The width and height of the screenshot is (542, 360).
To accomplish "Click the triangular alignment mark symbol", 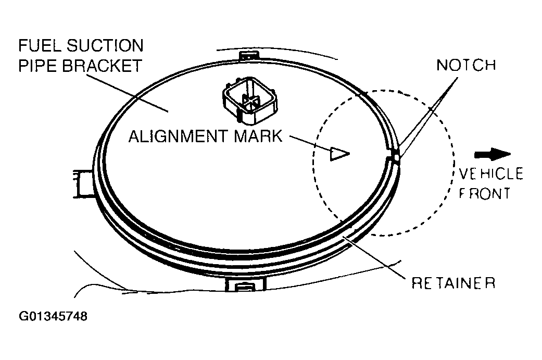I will click(338, 153).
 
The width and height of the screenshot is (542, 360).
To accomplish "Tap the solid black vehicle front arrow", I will click(493, 154).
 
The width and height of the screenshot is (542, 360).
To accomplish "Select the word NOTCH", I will click(466, 65).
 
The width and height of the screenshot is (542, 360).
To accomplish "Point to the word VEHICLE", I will click(490, 173).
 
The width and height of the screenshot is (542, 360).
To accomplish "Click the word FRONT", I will click(484, 193).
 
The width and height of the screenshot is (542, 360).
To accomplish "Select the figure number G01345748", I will click(53, 316).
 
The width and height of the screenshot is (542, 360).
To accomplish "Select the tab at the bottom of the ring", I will click(246, 284).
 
